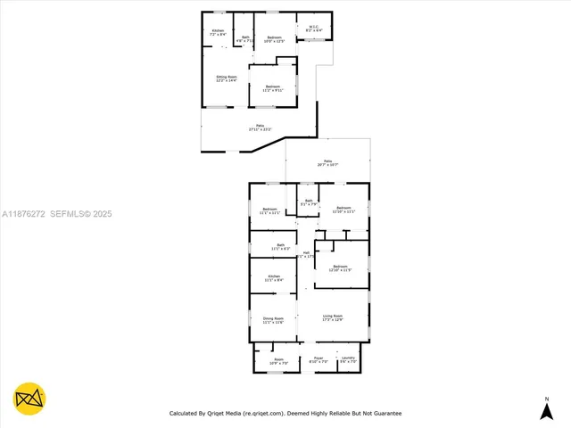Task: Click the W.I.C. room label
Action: (314, 29)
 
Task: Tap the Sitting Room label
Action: (227, 79)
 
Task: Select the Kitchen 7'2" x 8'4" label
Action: (218, 33)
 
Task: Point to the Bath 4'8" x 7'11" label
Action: (244, 39)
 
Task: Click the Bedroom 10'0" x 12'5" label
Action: (273, 39)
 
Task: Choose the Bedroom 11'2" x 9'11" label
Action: (272, 88)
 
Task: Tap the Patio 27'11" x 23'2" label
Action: (260, 128)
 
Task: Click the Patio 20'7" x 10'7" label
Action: (327, 163)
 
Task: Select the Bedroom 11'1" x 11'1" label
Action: (269, 211)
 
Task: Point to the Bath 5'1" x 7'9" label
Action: (309, 203)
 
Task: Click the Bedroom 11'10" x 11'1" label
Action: (343, 211)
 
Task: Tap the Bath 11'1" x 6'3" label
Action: (279, 247)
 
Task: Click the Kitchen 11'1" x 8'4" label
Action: (274, 278)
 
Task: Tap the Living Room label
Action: (333, 317)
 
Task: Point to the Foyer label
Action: (318, 361)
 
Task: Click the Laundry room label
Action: (348, 361)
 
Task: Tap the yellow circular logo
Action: (29, 398)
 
